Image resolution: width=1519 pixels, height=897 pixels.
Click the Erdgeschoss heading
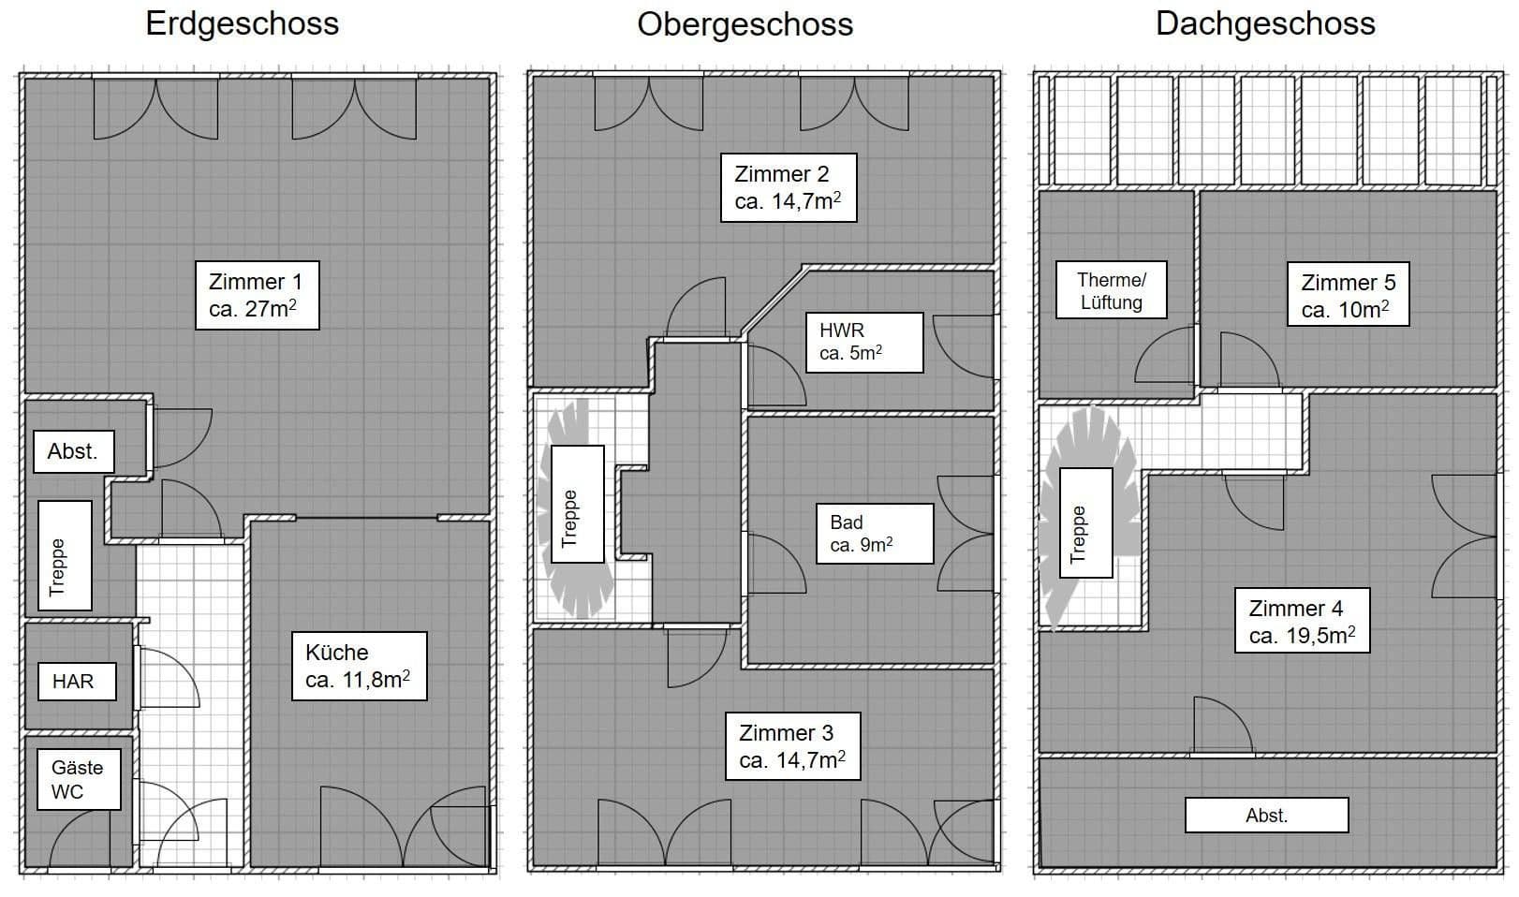[242, 23]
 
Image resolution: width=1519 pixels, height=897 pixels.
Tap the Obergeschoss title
[745, 23]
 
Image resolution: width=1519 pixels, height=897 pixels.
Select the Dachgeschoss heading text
[1265, 23]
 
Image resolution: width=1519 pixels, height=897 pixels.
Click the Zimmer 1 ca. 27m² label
[257, 295]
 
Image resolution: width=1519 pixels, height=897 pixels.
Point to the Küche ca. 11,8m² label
[357, 666]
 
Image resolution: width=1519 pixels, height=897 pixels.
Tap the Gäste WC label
[78, 779]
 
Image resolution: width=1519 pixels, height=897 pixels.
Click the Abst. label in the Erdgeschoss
[73, 451]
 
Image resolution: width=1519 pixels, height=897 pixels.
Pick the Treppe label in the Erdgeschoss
[65, 555]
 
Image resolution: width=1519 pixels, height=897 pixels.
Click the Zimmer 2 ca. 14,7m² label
[788, 187]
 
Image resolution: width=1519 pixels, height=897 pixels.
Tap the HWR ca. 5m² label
[863, 342]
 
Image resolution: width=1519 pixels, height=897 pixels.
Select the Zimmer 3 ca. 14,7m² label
[792, 746]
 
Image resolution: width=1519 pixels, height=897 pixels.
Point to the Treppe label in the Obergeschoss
[577, 504]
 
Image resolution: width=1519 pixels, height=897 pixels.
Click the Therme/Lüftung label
[1111, 290]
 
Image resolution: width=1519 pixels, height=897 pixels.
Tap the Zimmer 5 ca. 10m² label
[1348, 295]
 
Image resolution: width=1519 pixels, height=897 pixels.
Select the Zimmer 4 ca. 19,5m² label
[1302, 621]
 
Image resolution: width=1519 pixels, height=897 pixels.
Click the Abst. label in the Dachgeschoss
[1266, 815]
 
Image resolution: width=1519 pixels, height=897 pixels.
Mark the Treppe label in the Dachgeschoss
[1085, 522]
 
